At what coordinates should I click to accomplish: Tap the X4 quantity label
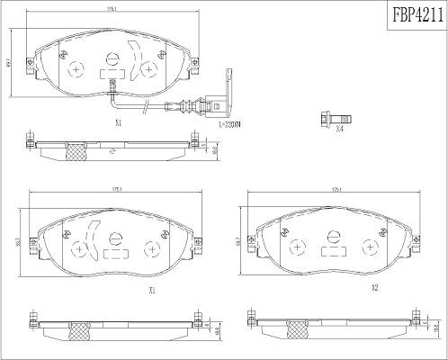(339, 130)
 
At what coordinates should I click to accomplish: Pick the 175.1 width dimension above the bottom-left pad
(114, 190)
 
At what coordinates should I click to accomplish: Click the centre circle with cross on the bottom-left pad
(114, 238)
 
